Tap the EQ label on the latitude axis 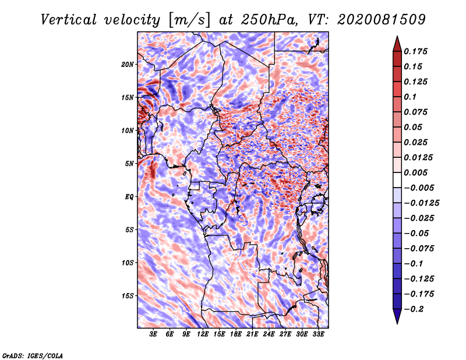coord(130,197)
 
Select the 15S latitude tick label coord(128,296)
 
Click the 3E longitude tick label coord(154,334)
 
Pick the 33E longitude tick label coord(319,334)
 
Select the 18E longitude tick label coord(236,334)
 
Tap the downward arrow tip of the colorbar coord(397,322)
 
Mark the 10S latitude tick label coord(128,263)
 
